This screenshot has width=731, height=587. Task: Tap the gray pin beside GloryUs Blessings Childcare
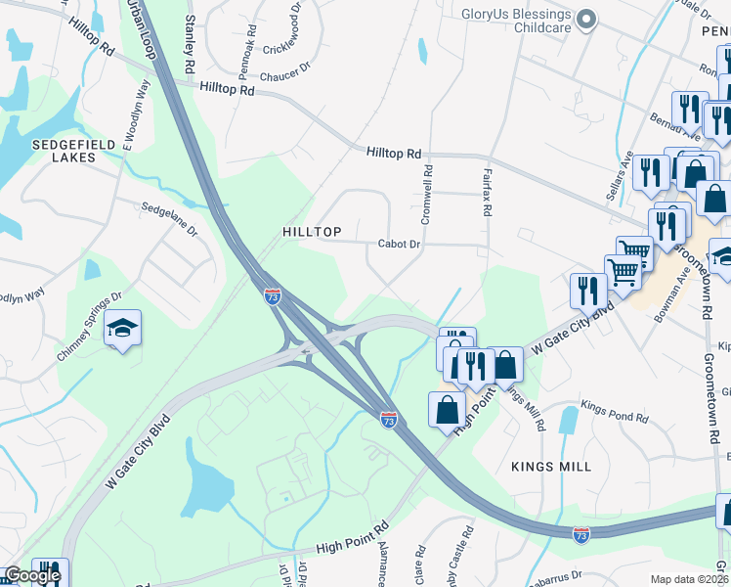click(x=586, y=20)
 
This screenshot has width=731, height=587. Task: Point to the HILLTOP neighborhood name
click(x=312, y=232)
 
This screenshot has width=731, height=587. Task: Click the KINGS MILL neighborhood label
click(x=551, y=467)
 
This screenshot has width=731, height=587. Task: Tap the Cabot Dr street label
click(x=400, y=245)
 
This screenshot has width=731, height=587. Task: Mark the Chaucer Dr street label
click(x=284, y=70)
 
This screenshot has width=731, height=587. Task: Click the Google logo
click(x=32, y=575)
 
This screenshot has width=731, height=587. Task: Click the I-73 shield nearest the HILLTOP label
click(x=273, y=294)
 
